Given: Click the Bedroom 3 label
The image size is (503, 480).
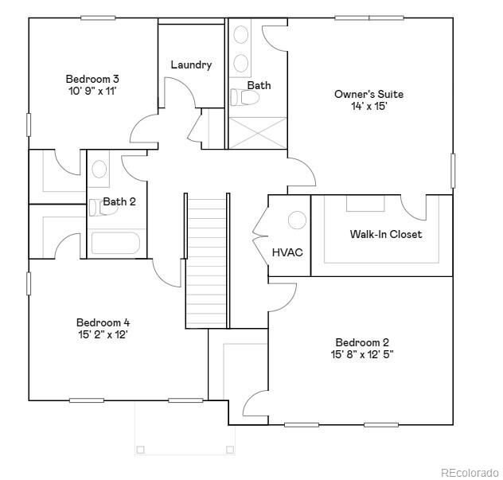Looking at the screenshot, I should point(92,79).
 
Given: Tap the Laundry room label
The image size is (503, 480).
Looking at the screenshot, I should point(191,64).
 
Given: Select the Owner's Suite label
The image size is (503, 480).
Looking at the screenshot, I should point(368,94).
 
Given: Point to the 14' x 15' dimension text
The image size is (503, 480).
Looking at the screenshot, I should point(368,106).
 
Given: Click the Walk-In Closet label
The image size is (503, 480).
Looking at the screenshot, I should point(386,234).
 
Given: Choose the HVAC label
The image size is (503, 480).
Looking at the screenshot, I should point(287,252).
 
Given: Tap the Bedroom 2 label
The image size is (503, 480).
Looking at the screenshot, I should point(362,342).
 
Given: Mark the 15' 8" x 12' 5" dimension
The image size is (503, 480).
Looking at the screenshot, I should point(362,354).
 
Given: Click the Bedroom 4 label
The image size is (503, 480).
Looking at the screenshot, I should point(103,322).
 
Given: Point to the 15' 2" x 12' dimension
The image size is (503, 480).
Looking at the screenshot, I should point(103,334).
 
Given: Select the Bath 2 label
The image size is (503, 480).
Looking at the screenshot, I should point(119,201).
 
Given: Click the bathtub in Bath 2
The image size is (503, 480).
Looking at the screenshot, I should point(115,244).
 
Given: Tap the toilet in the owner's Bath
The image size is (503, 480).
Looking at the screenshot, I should point(246,98).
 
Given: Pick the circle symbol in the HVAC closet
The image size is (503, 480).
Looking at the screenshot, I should point(297,220).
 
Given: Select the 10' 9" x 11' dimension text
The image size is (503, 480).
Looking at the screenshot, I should point(92,91).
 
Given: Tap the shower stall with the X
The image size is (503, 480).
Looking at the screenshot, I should point(257,133).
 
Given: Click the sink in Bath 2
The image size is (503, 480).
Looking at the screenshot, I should point(99,169).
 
